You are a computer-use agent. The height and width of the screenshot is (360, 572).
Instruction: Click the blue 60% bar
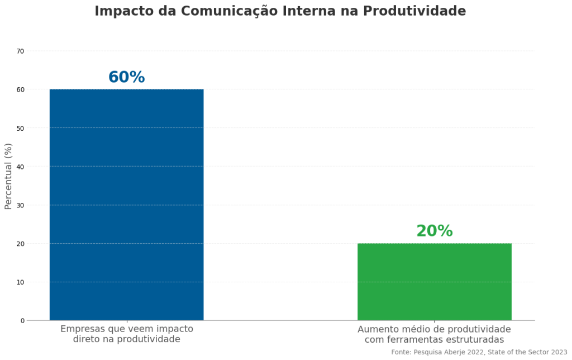pyautogui.click(x=126, y=205)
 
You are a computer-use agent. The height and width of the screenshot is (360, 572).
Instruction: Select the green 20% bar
pyautogui.click(x=434, y=282)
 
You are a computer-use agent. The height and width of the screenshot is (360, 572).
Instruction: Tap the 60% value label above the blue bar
pyautogui.click(x=126, y=78)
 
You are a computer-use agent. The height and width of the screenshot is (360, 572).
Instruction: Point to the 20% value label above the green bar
pyautogui.click(x=434, y=231)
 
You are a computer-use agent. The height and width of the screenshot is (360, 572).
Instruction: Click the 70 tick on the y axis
pyautogui.click(x=21, y=51)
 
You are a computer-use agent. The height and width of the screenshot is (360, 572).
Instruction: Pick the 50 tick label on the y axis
pyautogui.click(x=21, y=129)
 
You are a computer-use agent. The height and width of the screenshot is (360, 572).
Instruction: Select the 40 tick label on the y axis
pyautogui.click(x=21, y=167)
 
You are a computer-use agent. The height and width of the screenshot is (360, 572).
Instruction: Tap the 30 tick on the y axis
pyautogui.click(x=21, y=205)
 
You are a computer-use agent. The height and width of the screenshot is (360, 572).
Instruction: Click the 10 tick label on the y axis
pyautogui.click(x=21, y=282)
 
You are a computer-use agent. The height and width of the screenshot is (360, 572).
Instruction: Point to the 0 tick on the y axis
pyautogui.click(x=22, y=321)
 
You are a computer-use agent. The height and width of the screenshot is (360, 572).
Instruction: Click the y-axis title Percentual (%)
pyautogui.click(x=8, y=176)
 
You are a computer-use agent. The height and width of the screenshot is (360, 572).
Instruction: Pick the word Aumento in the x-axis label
pyautogui.click(x=378, y=329)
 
